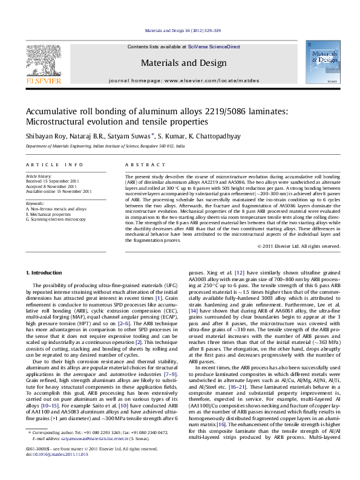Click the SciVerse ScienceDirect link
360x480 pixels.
[x=214, y=47]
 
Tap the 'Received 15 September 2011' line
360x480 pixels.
[x=55, y=181]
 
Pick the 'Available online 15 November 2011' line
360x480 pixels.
[x=59, y=191]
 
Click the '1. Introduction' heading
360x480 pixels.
[x=46, y=273]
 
